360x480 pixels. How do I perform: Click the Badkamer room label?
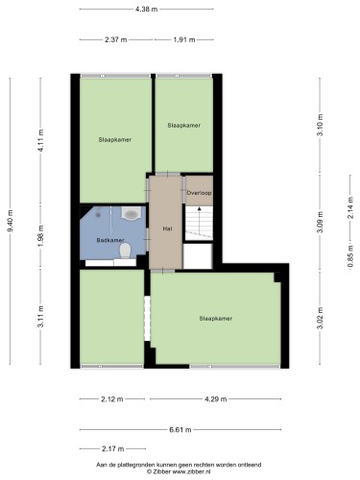[x=110, y=240]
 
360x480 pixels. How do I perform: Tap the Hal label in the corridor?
[x=168, y=228]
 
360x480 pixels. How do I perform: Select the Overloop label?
[x=199, y=193]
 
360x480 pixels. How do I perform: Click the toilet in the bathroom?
[x=125, y=251]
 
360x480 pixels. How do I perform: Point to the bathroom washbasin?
[x=131, y=213]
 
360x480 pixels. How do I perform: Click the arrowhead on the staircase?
[x=199, y=209]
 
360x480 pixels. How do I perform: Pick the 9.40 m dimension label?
[x=10, y=221]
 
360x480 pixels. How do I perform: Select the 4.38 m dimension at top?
[x=147, y=10]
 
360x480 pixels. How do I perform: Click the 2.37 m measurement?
[x=116, y=40]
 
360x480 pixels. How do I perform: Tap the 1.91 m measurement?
[x=184, y=40]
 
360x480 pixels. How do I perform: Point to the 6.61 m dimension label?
[x=180, y=430]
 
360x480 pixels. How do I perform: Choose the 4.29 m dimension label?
[x=216, y=399]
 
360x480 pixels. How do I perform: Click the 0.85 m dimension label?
[x=350, y=256]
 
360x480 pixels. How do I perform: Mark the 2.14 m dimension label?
[x=350, y=207]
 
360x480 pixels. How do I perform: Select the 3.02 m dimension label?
[x=320, y=318]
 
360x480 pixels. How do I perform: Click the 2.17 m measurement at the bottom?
[x=113, y=449]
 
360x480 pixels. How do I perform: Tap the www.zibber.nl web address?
[x=191, y=471]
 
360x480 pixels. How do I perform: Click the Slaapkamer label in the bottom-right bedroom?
[x=216, y=319]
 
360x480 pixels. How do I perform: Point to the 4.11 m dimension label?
[x=40, y=141]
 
